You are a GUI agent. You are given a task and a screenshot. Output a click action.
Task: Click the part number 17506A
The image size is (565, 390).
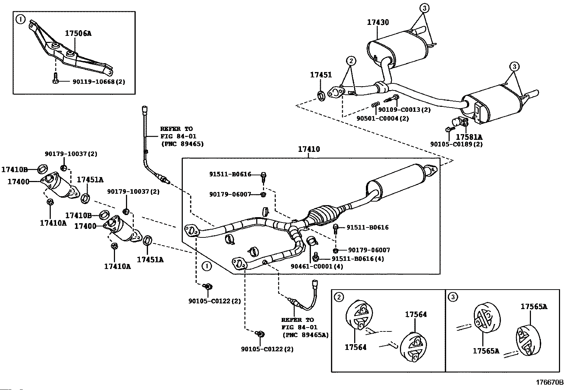tap(78, 34)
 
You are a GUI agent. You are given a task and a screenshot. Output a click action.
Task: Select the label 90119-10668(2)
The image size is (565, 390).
tap(99, 82)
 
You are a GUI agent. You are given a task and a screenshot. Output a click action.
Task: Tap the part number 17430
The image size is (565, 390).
tap(378, 22)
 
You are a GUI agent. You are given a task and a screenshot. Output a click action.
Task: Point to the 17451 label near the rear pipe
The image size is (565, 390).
tap(321, 75)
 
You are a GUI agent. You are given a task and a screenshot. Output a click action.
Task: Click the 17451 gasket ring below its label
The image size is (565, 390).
tap(321, 95)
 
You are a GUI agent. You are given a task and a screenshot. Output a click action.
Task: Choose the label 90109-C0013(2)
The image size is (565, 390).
tap(404, 110)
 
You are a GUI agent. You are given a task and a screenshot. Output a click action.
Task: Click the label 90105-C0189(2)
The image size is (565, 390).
tap(456, 144)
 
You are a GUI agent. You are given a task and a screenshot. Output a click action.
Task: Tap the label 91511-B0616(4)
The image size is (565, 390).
tap(358, 259)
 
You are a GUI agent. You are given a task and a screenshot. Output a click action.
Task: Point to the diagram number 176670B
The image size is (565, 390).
tap(549, 382)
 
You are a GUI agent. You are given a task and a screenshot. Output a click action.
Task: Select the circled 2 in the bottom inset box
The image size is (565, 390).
tap(339, 297)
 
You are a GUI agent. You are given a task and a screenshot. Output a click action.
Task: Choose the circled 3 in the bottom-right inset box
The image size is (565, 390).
tap(453, 297)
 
